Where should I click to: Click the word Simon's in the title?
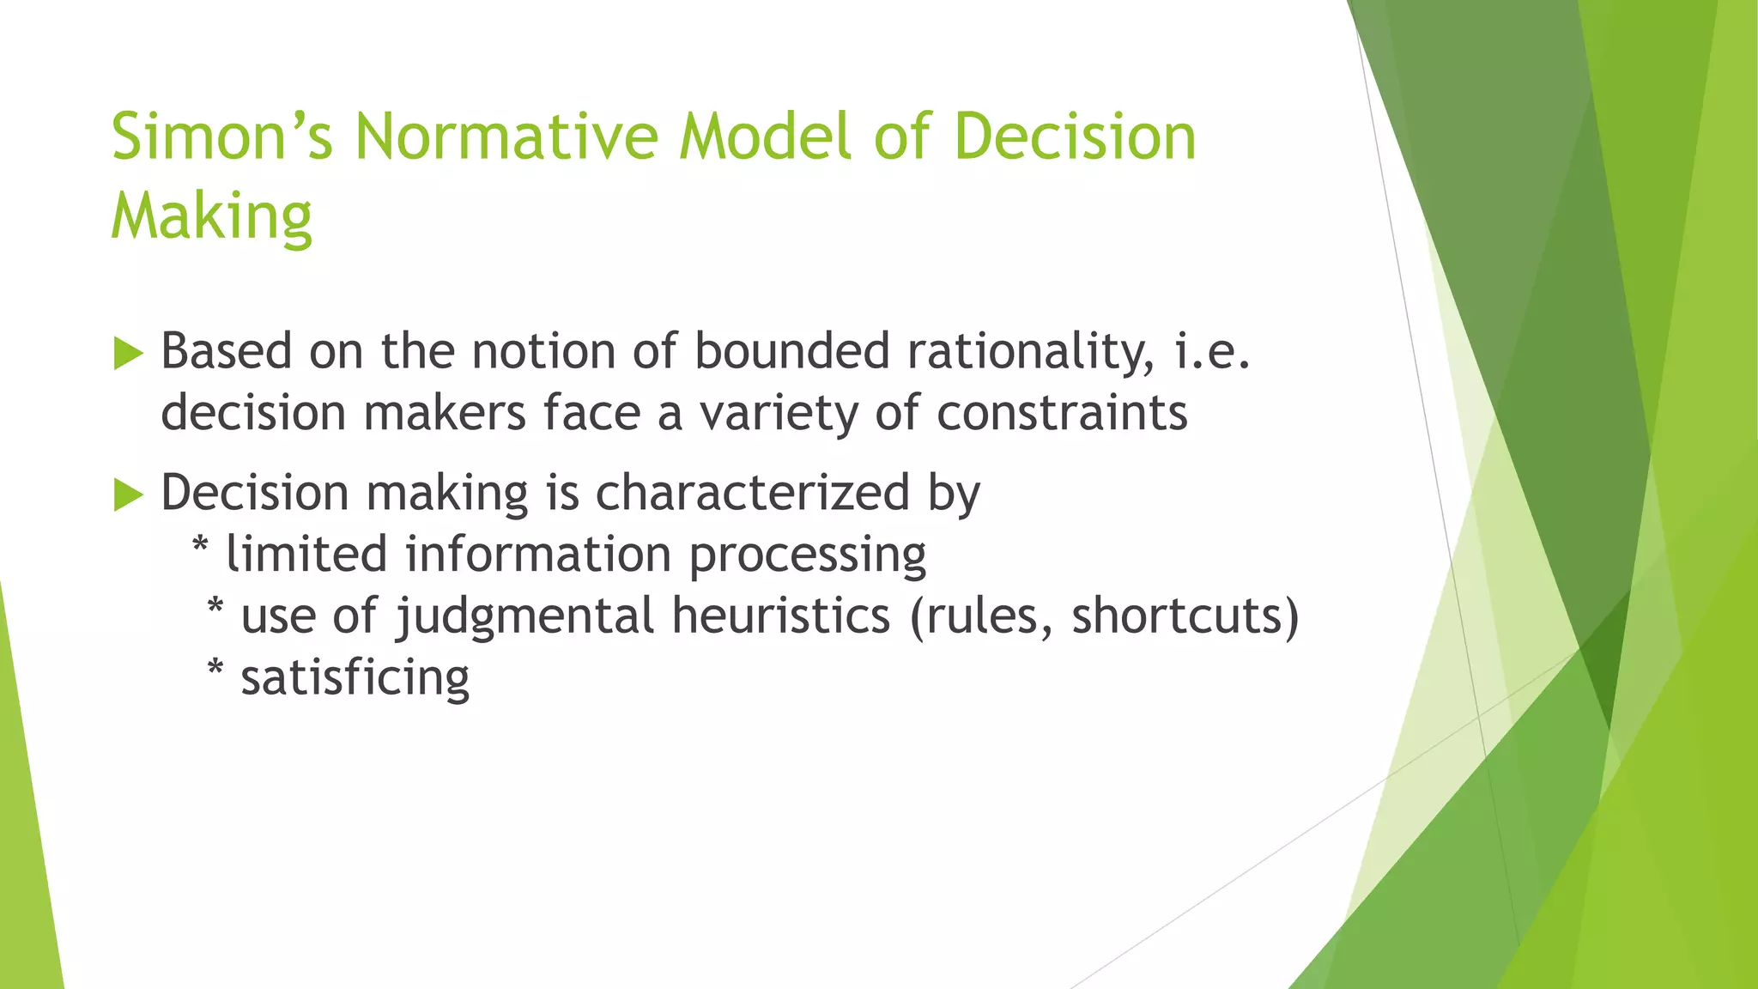221,137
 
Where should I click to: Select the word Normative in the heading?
506,137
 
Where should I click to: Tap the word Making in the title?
211,216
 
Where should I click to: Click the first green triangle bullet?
128,353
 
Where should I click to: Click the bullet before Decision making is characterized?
128,494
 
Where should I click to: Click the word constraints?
1062,413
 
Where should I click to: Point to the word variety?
778,415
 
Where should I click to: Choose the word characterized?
752,493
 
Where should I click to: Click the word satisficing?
355,678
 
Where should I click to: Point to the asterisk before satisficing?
215,669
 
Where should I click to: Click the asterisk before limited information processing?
200,545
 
